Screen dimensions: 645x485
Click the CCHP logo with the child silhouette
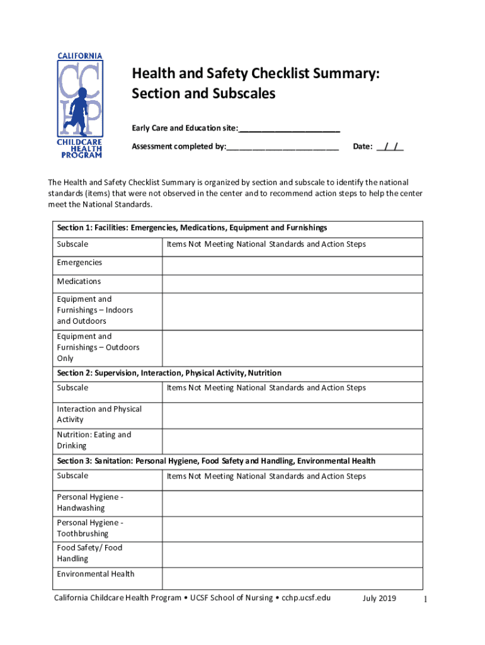click(x=80, y=105)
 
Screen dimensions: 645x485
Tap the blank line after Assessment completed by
click(x=283, y=147)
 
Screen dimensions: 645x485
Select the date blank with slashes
click(x=390, y=147)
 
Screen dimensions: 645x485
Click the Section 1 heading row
click(x=192, y=228)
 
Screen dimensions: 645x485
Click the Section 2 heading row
click(x=169, y=373)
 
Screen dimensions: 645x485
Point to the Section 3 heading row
click(x=216, y=461)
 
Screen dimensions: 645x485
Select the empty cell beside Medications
click(x=292, y=284)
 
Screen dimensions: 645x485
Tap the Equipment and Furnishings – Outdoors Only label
click(x=98, y=348)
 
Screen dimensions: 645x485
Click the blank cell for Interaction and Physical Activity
click(x=292, y=415)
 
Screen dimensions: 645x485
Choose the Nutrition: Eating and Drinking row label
click(x=94, y=440)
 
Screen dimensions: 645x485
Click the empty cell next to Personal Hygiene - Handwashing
click(x=292, y=503)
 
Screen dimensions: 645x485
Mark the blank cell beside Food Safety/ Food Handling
click(x=292, y=554)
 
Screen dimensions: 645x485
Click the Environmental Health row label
click(x=96, y=574)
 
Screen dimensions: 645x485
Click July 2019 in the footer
click(x=379, y=598)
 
